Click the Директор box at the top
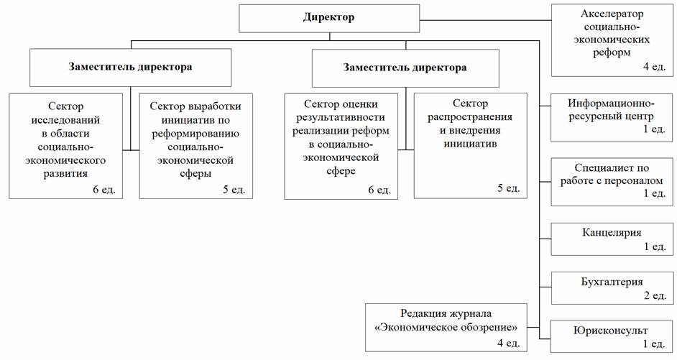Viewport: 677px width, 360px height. (x=329, y=19)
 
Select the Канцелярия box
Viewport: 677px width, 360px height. (x=612, y=239)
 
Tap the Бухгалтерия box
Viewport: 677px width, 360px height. (x=612, y=288)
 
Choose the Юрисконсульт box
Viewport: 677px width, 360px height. (x=612, y=337)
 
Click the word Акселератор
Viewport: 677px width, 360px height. (x=612, y=14)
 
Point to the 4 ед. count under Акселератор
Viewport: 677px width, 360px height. (x=655, y=67)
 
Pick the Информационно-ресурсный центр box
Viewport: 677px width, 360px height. (x=612, y=117)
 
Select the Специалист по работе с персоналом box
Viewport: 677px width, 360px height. (x=612, y=182)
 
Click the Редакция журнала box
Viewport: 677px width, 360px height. (x=446, y=328)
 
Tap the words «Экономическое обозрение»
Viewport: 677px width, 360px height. (x=446, y=328)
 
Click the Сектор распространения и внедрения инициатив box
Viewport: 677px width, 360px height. (x=470, y=146)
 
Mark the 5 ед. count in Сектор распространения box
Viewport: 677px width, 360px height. (x=509, y=188)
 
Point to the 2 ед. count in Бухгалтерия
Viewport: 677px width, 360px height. (x=655, y=295)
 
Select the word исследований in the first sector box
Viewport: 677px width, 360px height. (x=65, y=120)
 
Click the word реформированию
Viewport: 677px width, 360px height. (x=195, y=134)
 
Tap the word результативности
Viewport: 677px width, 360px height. (x=341, y=117)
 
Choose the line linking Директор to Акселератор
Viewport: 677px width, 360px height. (x=485, y=20)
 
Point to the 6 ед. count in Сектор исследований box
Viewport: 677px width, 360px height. (x=104, y=190)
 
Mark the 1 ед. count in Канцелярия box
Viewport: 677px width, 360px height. (x=655, y=246)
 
